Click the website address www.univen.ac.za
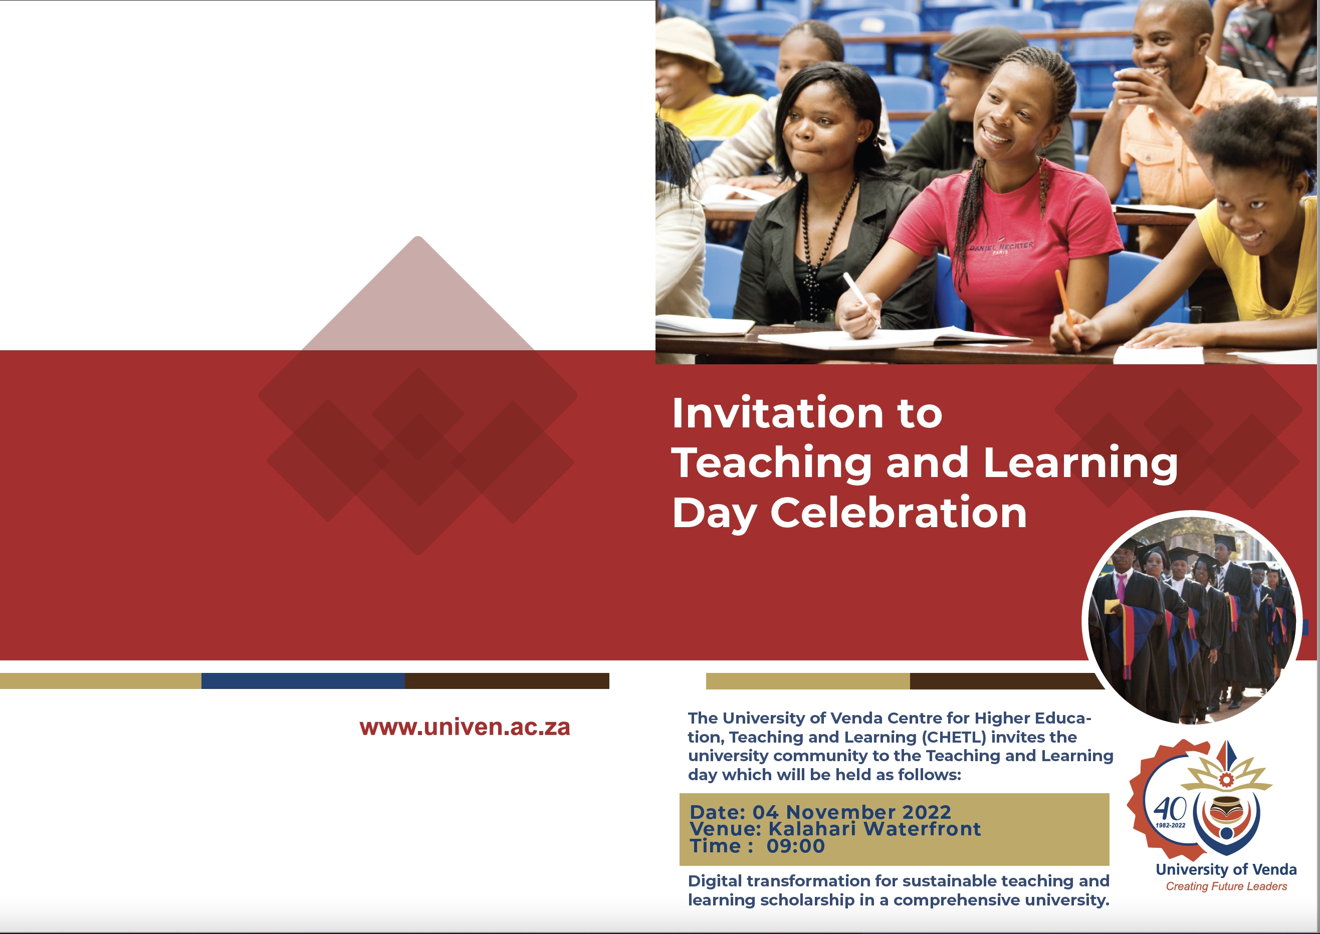coord(465,727)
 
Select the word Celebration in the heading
coord(899,513)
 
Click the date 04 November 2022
coord(852,812)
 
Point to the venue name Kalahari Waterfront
coord(875,829)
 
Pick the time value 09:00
coord(795,846)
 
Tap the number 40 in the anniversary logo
coord(1170,809)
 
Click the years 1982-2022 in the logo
coord(1171,825)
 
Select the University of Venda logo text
coord(1226,869)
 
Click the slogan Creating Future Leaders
coord(1226,886)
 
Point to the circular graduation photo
coord(1192,617)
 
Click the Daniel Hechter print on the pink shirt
coord(1001,248)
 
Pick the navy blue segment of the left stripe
coord(303,681)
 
